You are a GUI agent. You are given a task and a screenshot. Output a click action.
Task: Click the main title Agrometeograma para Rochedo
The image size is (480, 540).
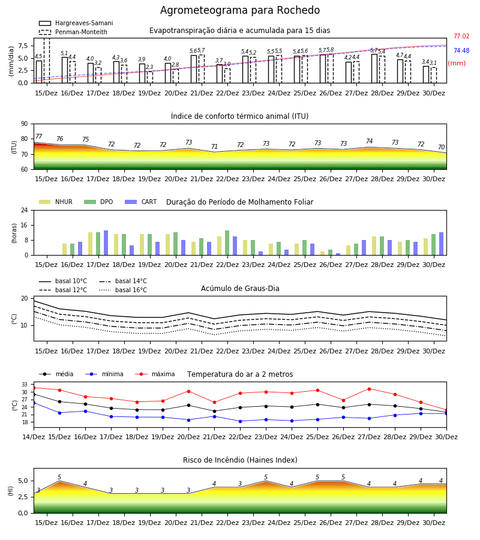pos(240,10)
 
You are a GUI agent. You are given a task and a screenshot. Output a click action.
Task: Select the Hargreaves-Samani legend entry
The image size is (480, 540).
pos(76,23)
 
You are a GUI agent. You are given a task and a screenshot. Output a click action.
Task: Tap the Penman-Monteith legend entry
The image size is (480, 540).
pos(73,32)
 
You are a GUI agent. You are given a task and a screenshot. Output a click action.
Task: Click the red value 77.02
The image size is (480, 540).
pos(461,36)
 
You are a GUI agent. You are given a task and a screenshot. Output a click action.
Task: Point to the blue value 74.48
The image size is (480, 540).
pos(461,50)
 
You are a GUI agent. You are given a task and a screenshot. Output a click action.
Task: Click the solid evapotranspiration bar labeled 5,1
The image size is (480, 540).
pos(65,70)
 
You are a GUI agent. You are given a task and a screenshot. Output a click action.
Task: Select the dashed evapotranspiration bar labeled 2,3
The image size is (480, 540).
pos(150,77)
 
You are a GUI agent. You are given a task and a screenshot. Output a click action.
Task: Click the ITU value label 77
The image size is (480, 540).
pos(39,136)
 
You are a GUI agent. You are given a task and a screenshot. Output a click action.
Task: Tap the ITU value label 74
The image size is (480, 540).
pos(370,141)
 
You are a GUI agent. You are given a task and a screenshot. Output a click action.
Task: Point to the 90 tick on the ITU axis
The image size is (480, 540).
pos(25,124)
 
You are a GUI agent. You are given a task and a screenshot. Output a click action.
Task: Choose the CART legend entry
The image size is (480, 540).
pos(140,202)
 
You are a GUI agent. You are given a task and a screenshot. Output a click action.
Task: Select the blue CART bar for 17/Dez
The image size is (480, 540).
pos(106,243)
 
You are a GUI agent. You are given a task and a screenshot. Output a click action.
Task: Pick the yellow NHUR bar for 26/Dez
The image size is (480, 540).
pos(323,253)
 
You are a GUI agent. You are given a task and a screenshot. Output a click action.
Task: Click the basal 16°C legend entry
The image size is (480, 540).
pos(123,290)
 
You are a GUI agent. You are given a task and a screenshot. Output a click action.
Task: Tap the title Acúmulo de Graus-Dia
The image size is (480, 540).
pos(240,289)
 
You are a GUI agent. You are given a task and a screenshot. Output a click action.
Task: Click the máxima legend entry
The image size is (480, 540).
pos(155,374)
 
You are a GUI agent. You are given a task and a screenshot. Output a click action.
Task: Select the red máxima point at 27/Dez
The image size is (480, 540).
pos(370,389)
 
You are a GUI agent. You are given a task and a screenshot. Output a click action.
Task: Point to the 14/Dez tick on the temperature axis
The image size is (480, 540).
pos(34,437)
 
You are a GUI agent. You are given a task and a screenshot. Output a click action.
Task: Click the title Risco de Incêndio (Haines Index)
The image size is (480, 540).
pos(240,460)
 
